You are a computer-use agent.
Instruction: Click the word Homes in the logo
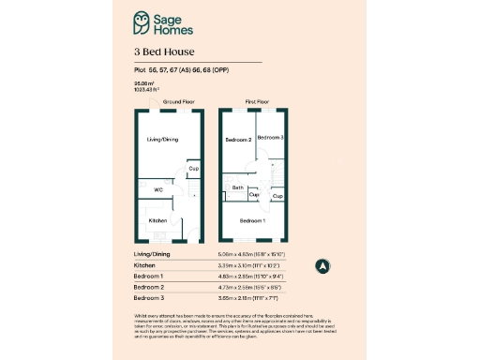[173, 28]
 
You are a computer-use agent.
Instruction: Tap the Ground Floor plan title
[177, 100]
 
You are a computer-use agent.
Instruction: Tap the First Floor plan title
[258, 100]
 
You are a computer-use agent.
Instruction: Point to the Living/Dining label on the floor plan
[162, 140]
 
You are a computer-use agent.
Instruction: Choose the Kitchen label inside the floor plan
[157, 220]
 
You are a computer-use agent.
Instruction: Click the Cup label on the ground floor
[193, 169]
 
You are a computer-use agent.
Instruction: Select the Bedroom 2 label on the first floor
[238, 140]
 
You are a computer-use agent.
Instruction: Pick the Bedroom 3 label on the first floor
[271, 137]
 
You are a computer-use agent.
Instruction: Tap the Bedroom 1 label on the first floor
[251, 220]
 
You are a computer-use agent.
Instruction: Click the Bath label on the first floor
[237, 188]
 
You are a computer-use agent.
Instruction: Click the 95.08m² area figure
[143, 84]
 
